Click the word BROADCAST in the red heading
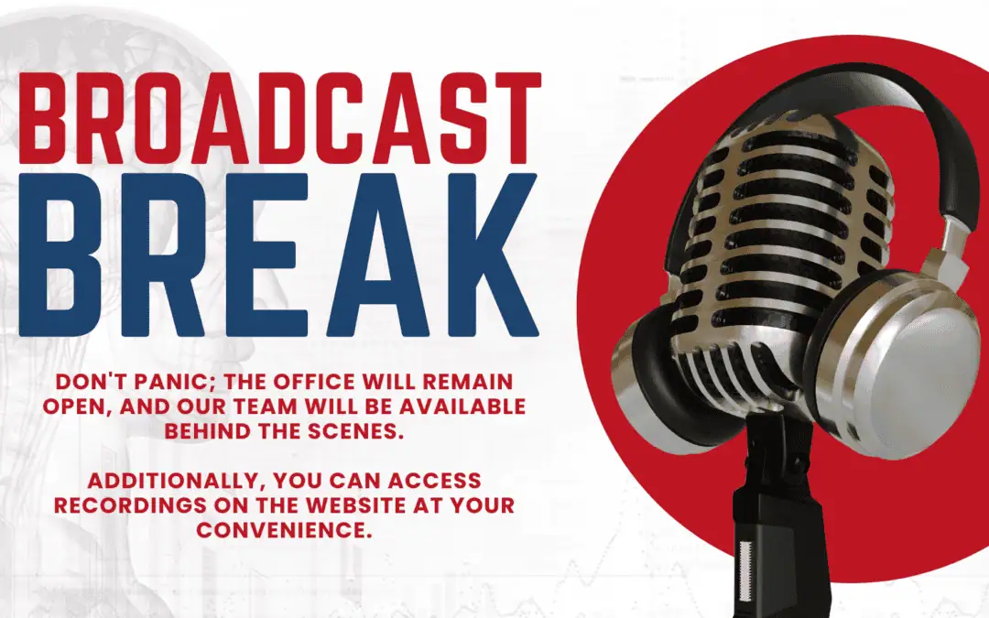click(280, 119)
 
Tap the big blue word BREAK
click(278, 255)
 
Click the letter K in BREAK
click(484, 255)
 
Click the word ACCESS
click(435, 481)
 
